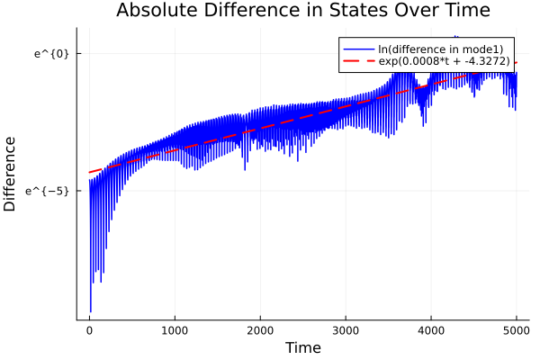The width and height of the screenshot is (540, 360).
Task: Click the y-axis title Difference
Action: click(11, 173)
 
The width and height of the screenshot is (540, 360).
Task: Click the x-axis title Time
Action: click(302, 347)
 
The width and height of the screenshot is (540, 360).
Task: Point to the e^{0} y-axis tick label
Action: click(51, 53)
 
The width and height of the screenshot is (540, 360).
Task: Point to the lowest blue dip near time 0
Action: click(91, 310)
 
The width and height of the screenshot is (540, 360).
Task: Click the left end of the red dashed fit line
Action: click(90, 172)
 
